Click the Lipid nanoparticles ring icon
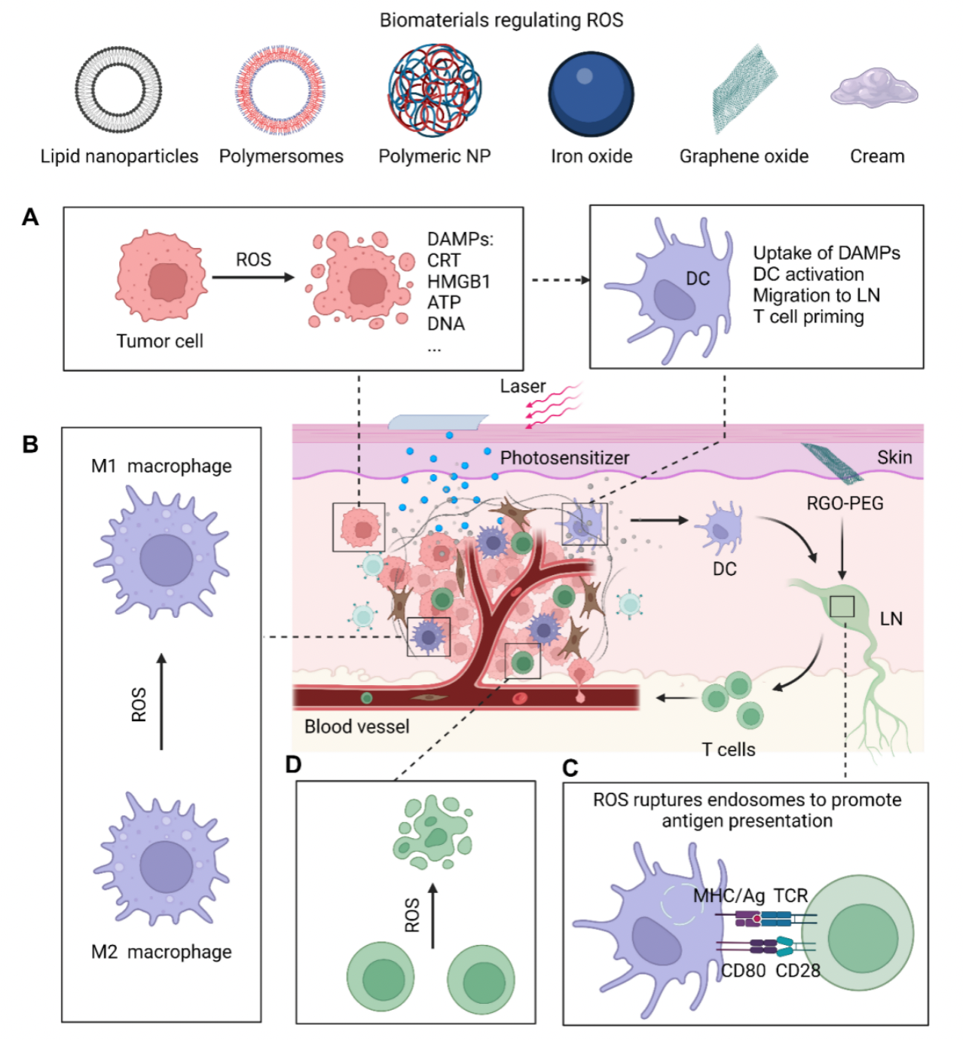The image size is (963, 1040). click(118, 90)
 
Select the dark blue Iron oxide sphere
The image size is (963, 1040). click(592, 93)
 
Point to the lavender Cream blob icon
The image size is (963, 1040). click(875, 89)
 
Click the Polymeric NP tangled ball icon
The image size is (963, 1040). click(435, 90)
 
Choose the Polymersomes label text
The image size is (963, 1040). click(281, 157)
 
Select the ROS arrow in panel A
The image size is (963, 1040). click(253, 277)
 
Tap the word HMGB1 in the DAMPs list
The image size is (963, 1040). click(458, 282)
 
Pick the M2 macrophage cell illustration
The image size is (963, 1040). click(162, 859)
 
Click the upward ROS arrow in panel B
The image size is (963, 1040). click(161, 702)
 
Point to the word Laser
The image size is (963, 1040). click(522, 387)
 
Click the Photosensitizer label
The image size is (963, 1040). click(564, 458)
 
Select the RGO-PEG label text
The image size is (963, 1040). click(845, 503)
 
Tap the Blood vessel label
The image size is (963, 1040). click(356, 727)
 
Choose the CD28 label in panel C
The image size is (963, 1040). click(798, 971)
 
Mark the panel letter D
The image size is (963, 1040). click(293, 765)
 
